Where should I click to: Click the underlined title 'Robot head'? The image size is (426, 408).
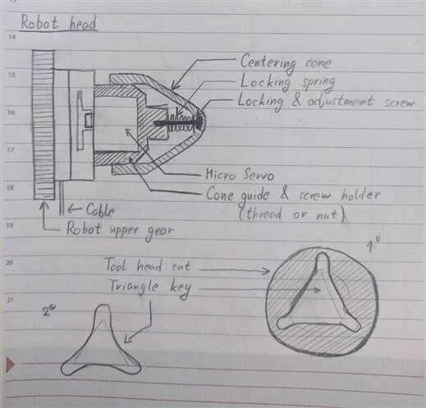58,22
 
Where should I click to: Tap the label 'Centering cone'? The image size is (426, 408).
286,62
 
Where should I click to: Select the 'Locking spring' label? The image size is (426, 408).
287,82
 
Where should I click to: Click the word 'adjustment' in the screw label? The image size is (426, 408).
341,102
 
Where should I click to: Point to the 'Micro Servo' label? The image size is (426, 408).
240,175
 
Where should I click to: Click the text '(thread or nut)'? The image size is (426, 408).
291,214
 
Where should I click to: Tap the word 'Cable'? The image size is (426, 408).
100,210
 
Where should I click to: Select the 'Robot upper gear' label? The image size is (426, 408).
121,231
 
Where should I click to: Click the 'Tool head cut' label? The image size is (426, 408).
148,265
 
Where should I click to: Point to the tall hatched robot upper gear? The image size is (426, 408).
44,125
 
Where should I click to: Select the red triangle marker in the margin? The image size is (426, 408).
10,364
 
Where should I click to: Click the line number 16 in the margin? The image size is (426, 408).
11,112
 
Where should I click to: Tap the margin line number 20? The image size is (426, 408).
10,263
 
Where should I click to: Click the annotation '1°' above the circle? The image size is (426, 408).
373,245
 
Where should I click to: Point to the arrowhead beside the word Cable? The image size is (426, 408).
71,209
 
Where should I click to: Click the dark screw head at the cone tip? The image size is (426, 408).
199,122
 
